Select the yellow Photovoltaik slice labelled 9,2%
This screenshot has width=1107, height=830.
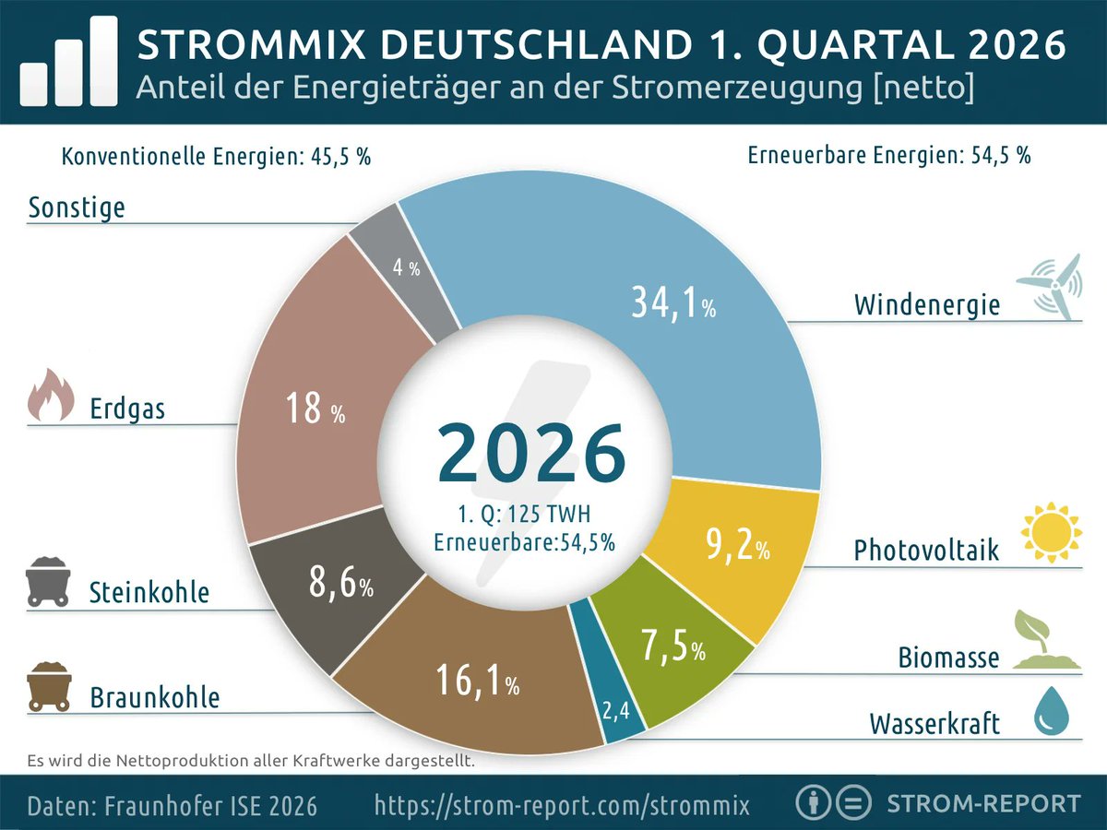tap(729, 553)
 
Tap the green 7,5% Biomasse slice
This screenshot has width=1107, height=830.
tap(669, 650)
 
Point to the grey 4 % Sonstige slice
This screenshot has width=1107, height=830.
tap(404, 267)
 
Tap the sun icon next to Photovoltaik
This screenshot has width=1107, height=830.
tap(1050, 533)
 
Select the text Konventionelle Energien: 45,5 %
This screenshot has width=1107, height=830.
tap(216, 156)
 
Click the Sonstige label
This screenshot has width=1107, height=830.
tap(77, 207)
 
